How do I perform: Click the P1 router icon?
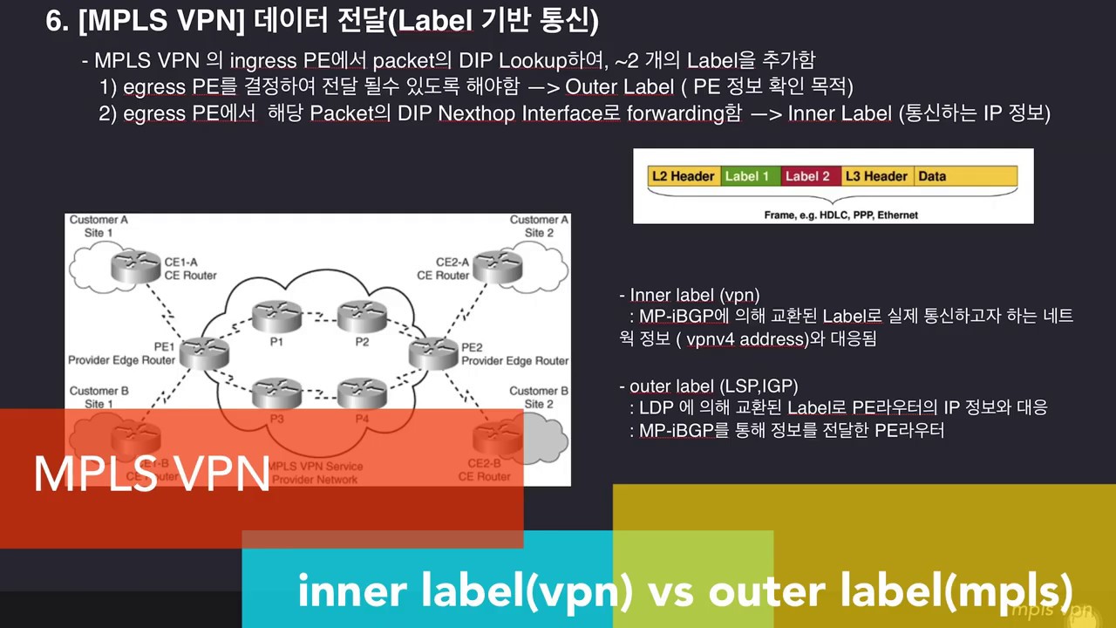276,315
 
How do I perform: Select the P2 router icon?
362,315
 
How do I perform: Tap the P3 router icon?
276,393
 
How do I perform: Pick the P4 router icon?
362,393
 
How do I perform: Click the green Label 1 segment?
747,176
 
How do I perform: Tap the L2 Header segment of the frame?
683,176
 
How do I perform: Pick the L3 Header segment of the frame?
876,176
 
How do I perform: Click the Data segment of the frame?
963,176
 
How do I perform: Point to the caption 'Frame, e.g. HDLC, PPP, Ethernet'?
840,215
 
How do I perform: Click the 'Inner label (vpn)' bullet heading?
689,296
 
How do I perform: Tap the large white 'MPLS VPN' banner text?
151,475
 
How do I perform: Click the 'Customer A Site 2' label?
539,226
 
